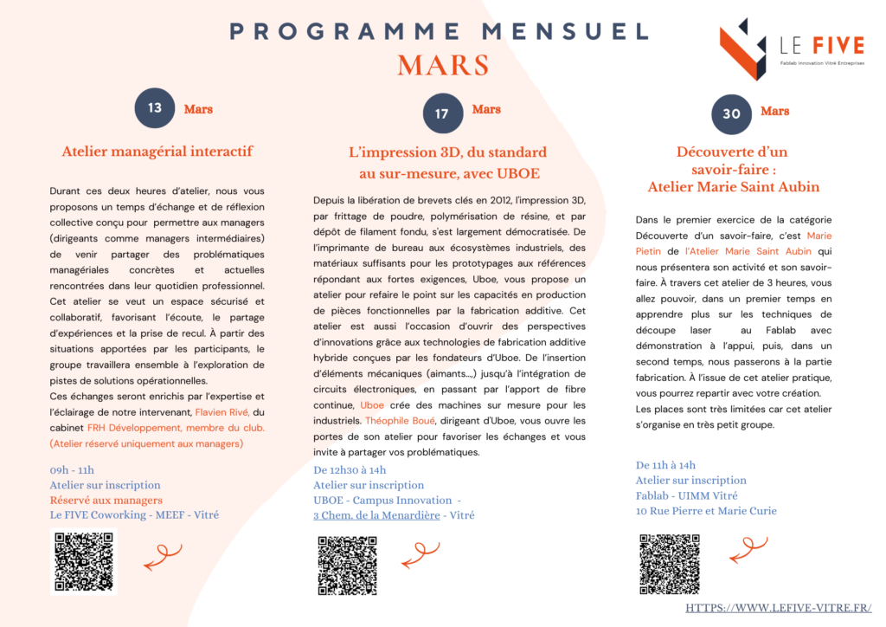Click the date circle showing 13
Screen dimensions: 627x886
pos(155,108)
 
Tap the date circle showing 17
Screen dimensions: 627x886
pos(442,113)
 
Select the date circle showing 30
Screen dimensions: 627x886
pos(731,113)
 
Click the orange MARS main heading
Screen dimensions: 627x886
pos(443,66)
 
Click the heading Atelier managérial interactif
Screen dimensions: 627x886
pos(157,152)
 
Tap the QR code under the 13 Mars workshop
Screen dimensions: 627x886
pos(83,561)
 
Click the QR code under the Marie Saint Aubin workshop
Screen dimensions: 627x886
pos(669,564)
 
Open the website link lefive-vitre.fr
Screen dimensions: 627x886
pos(778,608)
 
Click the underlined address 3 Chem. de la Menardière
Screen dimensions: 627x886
pos(376,515)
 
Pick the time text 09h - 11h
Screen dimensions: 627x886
pos(73,470)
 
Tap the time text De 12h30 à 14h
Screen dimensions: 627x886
pos(350,470)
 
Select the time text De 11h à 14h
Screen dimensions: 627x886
pos(665,465)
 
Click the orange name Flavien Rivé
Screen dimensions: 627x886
pos(222,412)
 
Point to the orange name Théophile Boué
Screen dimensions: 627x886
pos(400,421)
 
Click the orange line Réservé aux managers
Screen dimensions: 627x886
pos(106,500)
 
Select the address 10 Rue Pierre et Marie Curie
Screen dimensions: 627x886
pos(706,511)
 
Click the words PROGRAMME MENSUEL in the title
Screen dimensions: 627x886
pos(439,32)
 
